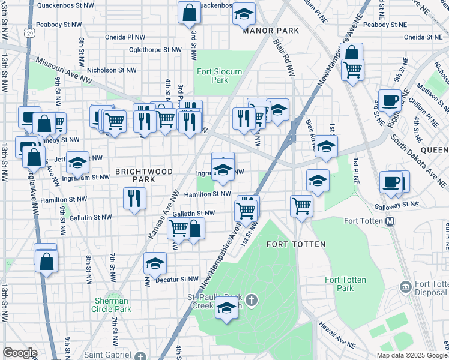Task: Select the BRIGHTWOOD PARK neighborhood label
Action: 144,175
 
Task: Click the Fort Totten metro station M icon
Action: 390,221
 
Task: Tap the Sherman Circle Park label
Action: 112,305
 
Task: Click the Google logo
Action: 20,352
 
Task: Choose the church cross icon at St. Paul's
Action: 252,299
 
